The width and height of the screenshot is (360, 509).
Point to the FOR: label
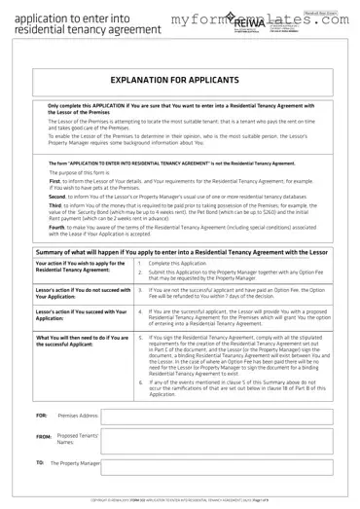pos(41,415)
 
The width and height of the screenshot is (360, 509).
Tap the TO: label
pos(40,463)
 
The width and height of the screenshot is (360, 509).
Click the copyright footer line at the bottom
pos(180,499)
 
